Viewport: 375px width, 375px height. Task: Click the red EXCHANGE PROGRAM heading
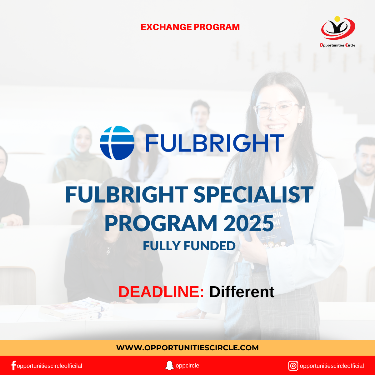190,27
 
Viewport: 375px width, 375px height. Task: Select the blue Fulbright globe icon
117,143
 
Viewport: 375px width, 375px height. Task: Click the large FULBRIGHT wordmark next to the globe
215,143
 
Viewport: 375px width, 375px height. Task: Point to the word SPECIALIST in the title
253,194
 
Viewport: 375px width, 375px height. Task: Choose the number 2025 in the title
249,223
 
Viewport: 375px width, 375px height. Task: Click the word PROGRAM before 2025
161,223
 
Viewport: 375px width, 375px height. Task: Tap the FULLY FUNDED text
189,246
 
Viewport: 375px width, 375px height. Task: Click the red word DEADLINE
161,292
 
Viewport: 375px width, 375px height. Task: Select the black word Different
242,292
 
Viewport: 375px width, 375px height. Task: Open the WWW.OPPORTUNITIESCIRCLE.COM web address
187,347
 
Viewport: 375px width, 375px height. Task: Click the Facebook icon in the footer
13,366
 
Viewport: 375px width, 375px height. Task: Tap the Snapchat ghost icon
169,365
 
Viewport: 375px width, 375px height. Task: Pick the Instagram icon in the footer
293,366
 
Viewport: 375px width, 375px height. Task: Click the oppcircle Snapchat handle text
187,366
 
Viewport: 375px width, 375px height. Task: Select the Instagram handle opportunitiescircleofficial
332,366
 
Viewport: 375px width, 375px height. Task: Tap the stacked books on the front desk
75,309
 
